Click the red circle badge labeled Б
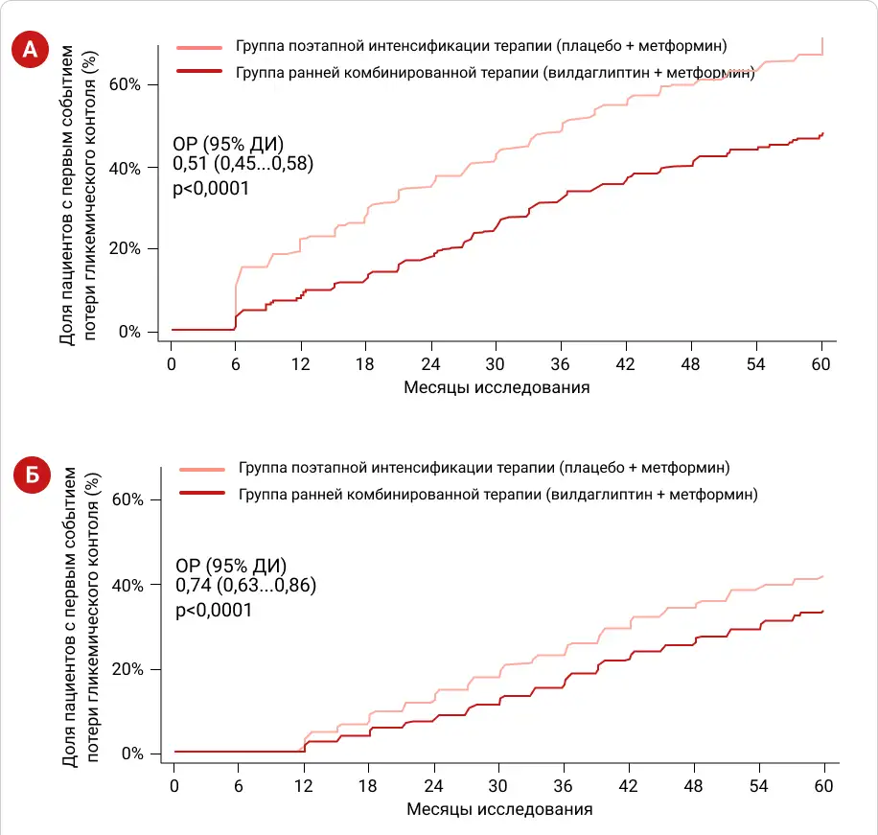[32, 475]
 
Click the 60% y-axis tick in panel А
[126, 84]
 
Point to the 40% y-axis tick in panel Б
[127, 585]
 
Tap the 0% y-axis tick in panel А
[130, 332]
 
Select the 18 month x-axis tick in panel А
[366, 363]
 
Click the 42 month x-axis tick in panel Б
[629, 784]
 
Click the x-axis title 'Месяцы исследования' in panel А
[496, 388]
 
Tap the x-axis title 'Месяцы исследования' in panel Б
[499, 809]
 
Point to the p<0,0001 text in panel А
[210, 189]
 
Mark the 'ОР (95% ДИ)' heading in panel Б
[231, 565]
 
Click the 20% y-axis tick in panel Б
[127, 669]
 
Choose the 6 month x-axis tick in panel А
[236, 363]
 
